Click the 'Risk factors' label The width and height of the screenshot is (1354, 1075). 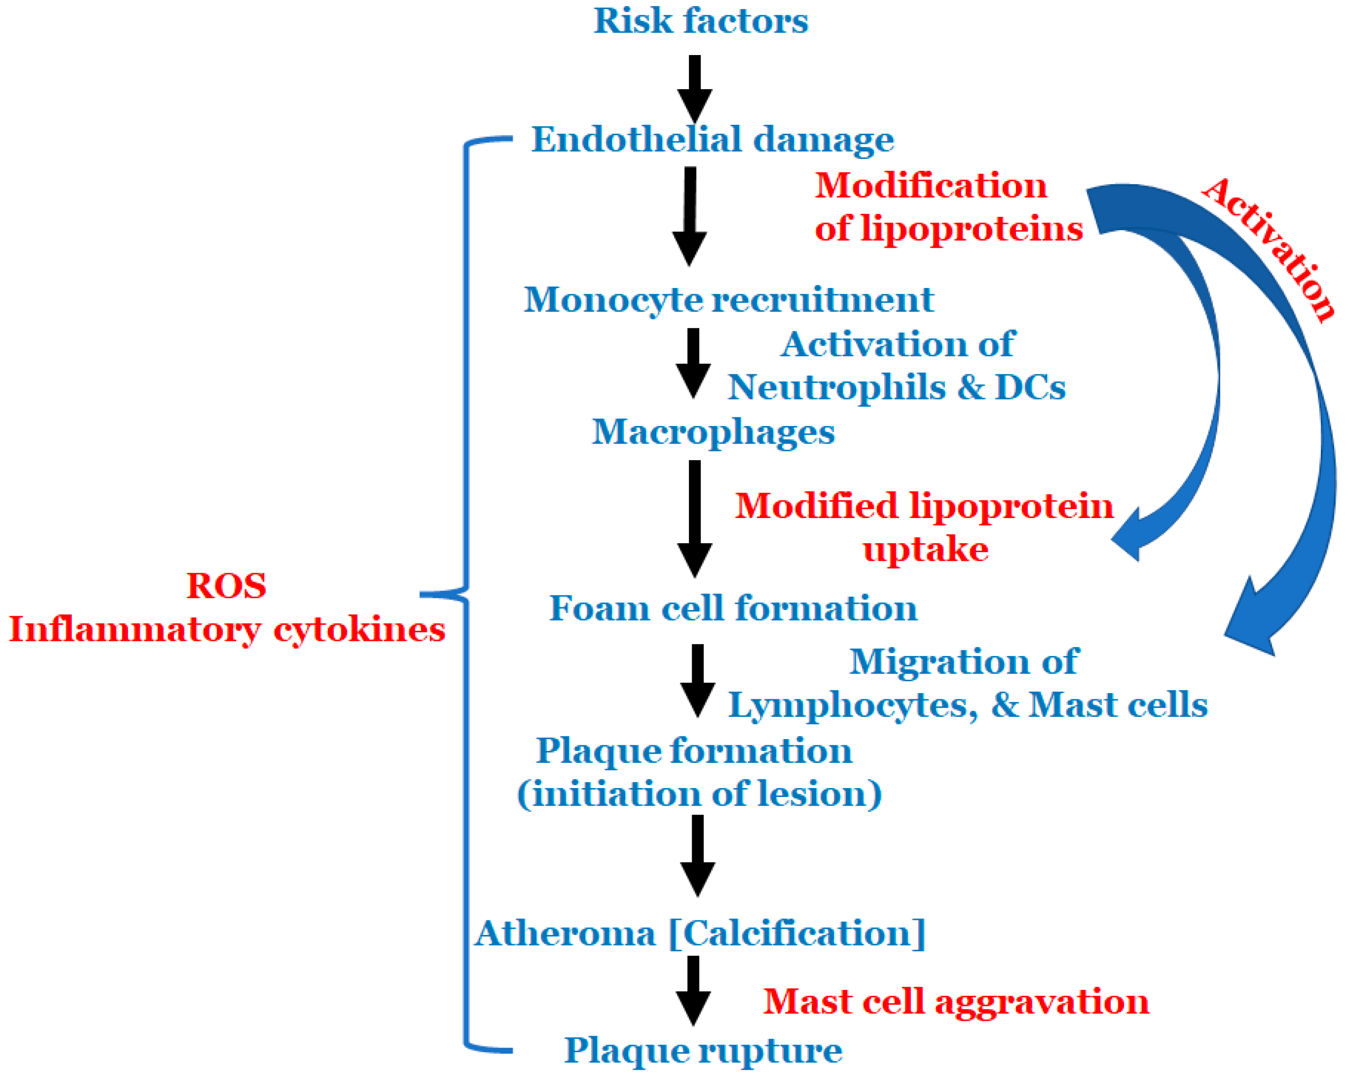click(x=700, y=21)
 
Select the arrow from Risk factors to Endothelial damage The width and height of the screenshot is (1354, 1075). click(x=694, y=88)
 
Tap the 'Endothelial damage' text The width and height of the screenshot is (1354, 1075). click(x=712, y=139)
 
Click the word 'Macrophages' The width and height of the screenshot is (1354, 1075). click(x=713, y=432)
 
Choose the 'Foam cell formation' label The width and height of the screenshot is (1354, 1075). click(x=733, y=608)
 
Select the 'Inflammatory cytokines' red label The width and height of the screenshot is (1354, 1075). click(x=227, y=629)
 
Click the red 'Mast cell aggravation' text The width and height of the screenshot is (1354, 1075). click(x=955, y=1001)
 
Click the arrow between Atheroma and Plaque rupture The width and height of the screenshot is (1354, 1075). click(x=693, y=990)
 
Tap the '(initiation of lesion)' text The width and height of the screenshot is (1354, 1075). click(x=699, y=794)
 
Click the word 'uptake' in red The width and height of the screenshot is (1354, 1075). click(x=925, y=549)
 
